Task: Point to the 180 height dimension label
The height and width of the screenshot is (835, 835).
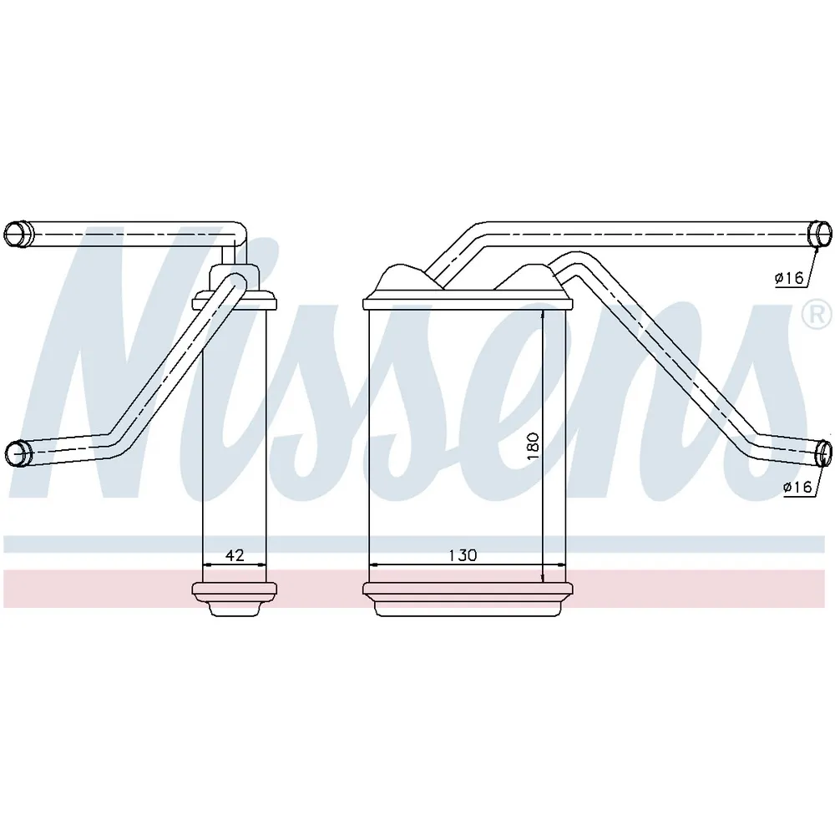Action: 533,446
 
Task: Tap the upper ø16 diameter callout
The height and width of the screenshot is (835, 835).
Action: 789,277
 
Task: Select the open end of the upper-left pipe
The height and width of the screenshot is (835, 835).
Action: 18,235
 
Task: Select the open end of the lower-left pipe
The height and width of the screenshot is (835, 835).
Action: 18,454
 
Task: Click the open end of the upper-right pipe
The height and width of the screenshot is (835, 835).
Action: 820,235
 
